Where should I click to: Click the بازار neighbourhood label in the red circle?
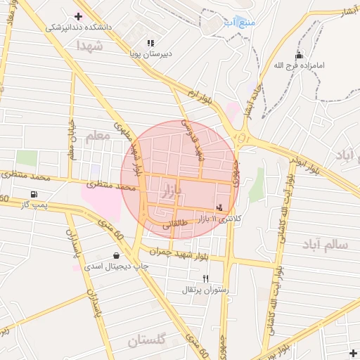coord(171,190)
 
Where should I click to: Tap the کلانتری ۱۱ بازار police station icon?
coord(221,207)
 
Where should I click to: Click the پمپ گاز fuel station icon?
coord(33,194)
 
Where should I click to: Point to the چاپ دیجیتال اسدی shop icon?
coord(116,256)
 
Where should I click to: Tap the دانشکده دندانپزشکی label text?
coord(79,27)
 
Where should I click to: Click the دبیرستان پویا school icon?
coord(150,43)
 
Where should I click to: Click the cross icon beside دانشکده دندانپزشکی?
coord(78,16)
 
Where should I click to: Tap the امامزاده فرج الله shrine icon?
coord(300,55)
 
